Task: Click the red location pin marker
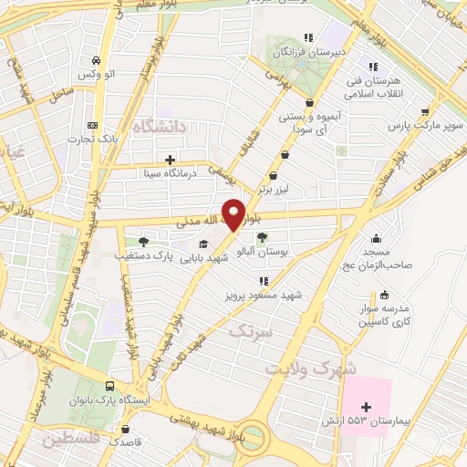[233, 215]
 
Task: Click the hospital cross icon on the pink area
[367, 407]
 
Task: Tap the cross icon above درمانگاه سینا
[171, 159]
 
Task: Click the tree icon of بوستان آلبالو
[263, 237]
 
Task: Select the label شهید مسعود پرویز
[266, 296]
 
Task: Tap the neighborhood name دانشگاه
[159, 126]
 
